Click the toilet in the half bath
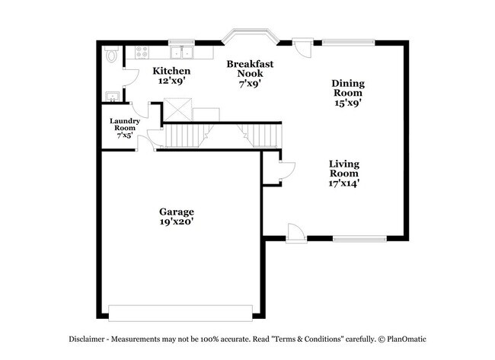pos(112,55)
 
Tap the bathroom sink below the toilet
pos(110,97)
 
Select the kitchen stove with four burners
pos(142,53)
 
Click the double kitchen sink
pos(181,53)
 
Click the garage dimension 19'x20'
pos(176,222)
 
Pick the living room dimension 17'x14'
pos(344,182)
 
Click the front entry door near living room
pos(296,233)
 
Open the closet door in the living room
pos(286,171)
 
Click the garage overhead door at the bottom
pos(180,312)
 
